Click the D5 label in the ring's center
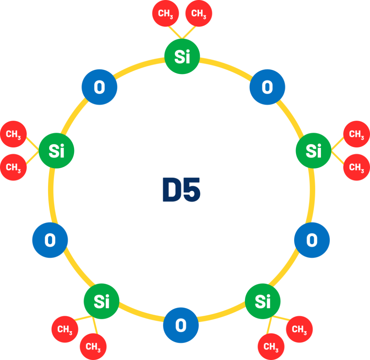click(x=181, y=189)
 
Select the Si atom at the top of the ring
click(x=182, y=56)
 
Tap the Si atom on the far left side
click(x=56, y=151)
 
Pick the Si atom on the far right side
click(x=314, y=151)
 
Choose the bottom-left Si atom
click(x=102, y=301)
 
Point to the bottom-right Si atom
click(x=263, y=301)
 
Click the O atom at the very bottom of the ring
click(x=181, y=325)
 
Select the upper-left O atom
click(x=99, y=87)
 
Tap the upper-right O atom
click(x=267, y=87)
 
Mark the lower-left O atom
click(x=50, y=240)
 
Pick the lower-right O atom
click(x=312, y=240)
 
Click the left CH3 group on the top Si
click(x=165, y=13)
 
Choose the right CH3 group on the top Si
click(x=199, y=13)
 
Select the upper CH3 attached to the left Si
click(x=13, y=134)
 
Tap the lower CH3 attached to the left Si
click(x=13, y=167)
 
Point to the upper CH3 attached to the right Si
click(x=357, y=134)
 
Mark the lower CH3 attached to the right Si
click(x=357, y=167)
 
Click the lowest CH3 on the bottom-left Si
click(x=93, y=347)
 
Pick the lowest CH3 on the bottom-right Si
click(x=271, y=347)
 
